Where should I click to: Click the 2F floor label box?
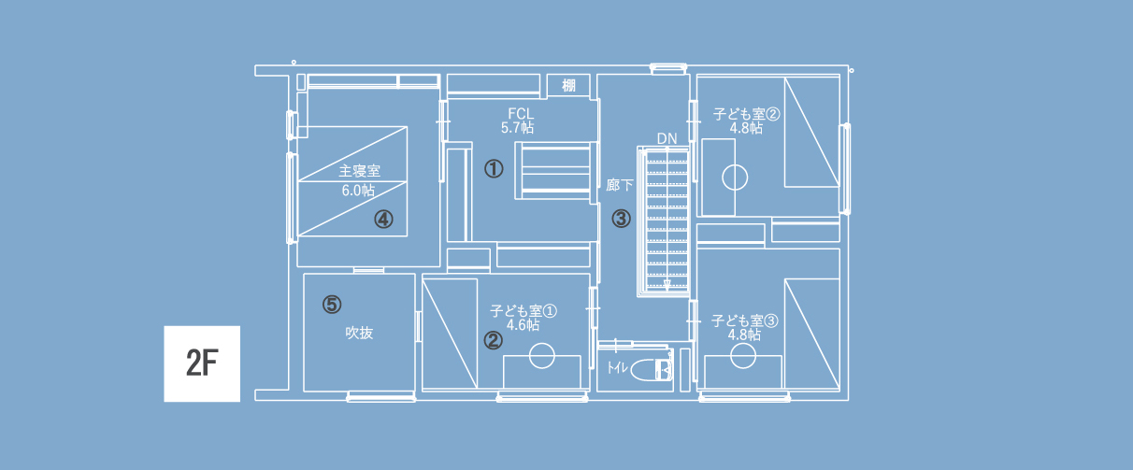point(202,363)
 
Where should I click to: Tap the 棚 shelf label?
point(568,85)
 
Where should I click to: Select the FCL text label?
point(521,114)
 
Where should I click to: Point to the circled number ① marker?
point(494,168)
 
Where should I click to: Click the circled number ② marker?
point(494,340)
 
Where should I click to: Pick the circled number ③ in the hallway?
point(621,219)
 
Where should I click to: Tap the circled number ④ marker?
point(383,220)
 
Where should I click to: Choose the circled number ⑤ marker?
point(332,305)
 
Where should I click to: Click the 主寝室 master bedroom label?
point(359,171)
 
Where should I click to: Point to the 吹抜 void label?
point(359,333)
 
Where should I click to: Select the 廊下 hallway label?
point(620,185)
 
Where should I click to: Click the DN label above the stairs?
point(667,138)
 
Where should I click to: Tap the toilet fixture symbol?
point(652,369)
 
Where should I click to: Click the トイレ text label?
point(617,367)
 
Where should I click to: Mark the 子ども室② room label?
point(747,114)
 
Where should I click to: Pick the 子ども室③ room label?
point(744,320)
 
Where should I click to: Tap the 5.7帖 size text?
point(518,128)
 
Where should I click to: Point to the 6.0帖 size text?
point(358,191)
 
